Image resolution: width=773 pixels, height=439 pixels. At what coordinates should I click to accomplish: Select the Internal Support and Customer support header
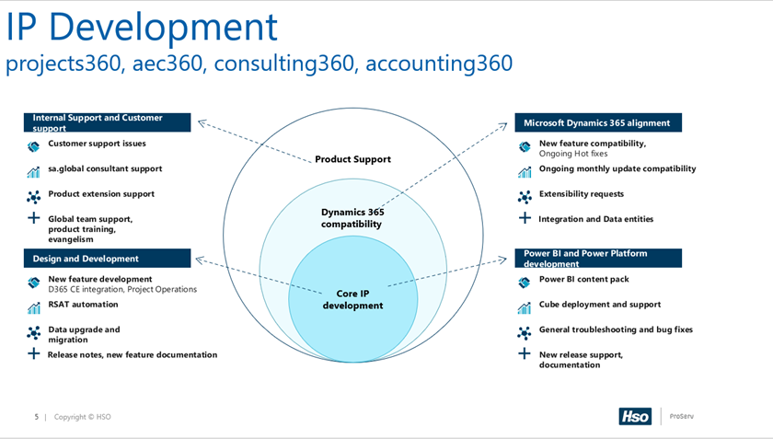pos(108,122)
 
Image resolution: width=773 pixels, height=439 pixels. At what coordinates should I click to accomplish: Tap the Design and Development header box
pos(108,259)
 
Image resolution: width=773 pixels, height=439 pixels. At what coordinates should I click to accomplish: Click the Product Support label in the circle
pos(352,159)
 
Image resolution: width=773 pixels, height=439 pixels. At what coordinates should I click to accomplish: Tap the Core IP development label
pos(352,299)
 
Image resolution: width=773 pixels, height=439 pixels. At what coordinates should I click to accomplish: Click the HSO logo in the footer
pos(634,416)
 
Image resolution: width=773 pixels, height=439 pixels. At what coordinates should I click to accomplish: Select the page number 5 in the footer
pos(37,417)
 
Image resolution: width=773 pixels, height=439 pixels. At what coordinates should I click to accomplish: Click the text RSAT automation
pos(83,304)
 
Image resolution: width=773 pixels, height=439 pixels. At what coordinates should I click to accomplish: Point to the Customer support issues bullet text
pos(97,144)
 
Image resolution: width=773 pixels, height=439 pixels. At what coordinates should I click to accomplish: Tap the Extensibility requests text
pos(581,194)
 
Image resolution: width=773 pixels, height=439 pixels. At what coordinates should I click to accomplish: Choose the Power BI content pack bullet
pos(583,279)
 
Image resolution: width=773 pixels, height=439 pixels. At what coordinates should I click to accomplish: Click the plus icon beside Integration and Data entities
pos(525,218)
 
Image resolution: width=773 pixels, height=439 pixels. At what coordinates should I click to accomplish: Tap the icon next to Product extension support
pos(33,196)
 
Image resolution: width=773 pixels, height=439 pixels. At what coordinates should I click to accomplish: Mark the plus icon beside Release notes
pos(33,353)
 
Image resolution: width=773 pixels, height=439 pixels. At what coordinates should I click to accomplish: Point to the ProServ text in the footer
pos(681,416)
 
